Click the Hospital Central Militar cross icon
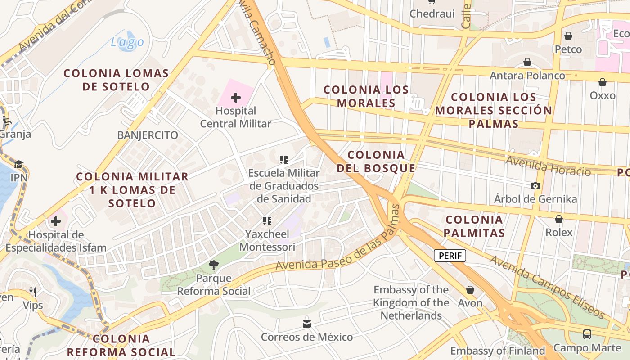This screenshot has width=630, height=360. point(235,97)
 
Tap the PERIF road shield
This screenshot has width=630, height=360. point(450,256)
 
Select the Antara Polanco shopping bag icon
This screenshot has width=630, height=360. point(527,62)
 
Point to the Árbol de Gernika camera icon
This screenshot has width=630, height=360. point(535,186)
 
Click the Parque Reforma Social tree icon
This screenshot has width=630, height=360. point(213,265)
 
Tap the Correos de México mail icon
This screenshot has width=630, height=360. point(307,324)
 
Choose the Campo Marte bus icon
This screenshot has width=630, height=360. point(587,334)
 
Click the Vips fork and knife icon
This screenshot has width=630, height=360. point(33,292)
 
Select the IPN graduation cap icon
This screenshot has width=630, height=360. point(18,164)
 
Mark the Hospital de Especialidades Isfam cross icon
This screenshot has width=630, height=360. point(56,221)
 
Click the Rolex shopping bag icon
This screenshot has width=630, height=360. point(558,219)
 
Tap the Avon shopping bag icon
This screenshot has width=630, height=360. point(470,290)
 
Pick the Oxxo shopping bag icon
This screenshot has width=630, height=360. point(602,82)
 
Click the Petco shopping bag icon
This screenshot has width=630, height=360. point(568,36)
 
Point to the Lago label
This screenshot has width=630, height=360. point(127,42)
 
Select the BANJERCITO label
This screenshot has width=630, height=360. point(148,135)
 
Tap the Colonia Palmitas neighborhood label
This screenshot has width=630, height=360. point(474,226)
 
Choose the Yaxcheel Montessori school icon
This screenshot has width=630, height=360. point(267,221)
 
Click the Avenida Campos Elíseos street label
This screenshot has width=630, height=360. point(547,286)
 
